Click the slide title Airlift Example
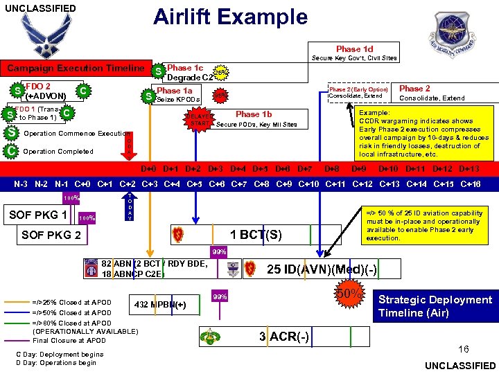point(230,16)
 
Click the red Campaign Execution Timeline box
point(76,69)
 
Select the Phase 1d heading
point(354,49)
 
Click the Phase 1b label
point(254,114)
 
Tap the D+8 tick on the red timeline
point(332,168)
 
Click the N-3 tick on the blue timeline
point(21,184)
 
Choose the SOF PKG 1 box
point(38,214)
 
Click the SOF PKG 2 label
point(51,235)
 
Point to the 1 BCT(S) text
point(256,234)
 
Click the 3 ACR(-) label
point(283,336)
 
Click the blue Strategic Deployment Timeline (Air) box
point(435,306)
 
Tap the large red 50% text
point(350,295)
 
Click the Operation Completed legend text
point(58,151)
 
